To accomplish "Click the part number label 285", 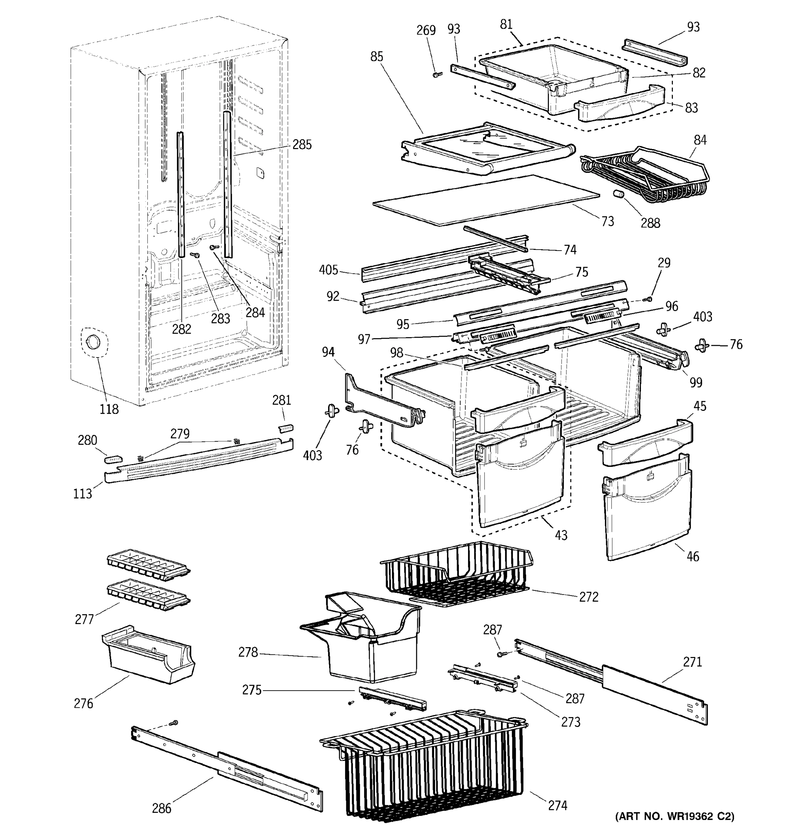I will point(302,145).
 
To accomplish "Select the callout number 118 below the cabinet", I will point(109,409).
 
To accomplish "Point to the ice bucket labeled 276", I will point(148,654).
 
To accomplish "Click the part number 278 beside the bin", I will point(248,652).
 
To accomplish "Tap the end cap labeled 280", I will point(113,458).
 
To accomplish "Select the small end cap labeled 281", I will point(286,428).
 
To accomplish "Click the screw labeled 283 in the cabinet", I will point(195,255).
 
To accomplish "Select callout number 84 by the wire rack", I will point(700,140).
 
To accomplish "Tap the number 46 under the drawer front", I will point(692,556).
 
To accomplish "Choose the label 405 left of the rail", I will point(328,270).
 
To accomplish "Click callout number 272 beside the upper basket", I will point(588,597).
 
